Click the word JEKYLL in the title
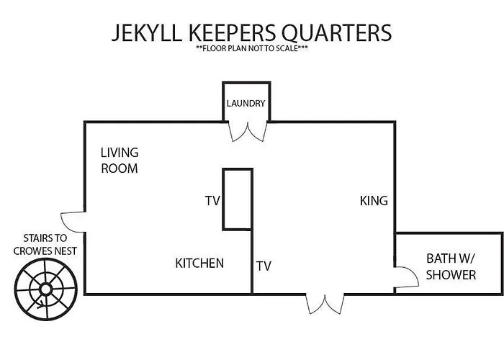point(147,32)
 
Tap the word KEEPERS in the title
point(233,32)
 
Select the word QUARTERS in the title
point(337,33)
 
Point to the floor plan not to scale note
point(252,48)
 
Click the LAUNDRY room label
point(246,103)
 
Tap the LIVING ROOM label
point(120,161)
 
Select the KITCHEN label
point(199,264)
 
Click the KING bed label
point(374,201)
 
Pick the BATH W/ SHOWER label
point(451,267)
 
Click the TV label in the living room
point(212,201)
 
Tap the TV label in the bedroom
point(264,266)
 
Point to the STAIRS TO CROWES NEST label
point(45,245)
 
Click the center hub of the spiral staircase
point(45,289)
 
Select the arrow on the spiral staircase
point(42,305)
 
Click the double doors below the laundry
point(248,132)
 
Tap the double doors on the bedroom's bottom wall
point(325,304)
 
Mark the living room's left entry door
point(73,222)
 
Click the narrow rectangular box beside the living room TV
point(238,199)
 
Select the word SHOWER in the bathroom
point(451,275)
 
